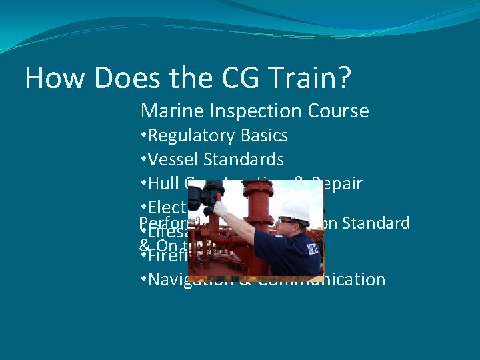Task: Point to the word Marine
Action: [169, 111]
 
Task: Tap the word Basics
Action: [265, 136]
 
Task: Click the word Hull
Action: [163, 184]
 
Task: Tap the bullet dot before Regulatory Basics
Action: [144, 136]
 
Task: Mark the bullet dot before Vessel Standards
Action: [144, 160]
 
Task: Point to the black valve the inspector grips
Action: [203, 195]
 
